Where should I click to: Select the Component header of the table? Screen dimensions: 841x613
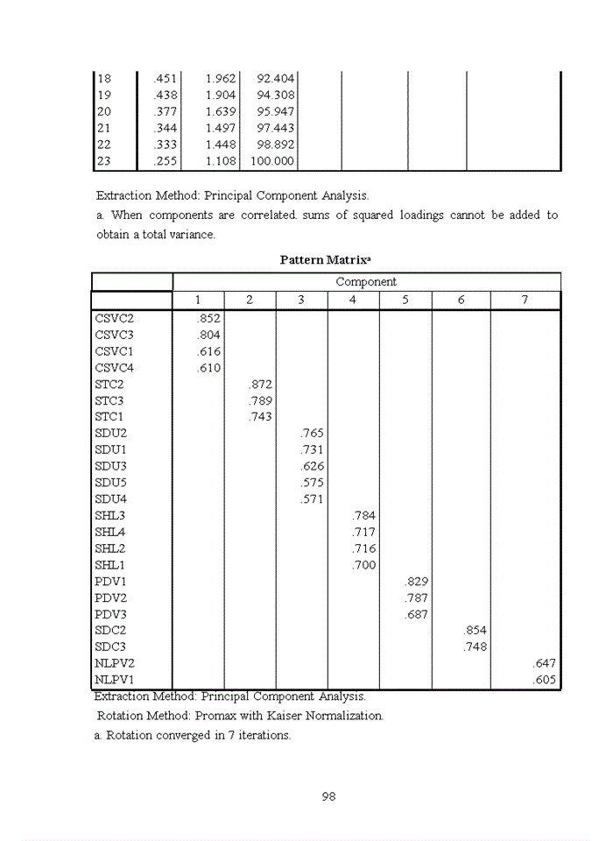(366, 282)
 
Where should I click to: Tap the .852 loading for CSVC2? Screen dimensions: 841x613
(209, 318)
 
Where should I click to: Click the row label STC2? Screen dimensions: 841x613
(109, 384)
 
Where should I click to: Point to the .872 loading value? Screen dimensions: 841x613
(260, 384)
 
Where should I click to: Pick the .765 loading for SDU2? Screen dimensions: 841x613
(312, 434)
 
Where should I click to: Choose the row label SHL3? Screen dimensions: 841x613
(109, 516)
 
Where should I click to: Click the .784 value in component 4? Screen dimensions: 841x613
(363, 516)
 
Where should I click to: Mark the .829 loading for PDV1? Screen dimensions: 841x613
(416, 582)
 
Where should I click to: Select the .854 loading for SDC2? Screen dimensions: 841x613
(475, 631)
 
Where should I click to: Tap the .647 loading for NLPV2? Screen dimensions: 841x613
(544, 664)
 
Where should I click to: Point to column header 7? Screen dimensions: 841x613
(525, 300)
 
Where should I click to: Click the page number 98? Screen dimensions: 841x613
(329, 796)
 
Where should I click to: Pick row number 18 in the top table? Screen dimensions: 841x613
(104, 79)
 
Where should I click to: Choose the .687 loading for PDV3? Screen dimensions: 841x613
(416, 614)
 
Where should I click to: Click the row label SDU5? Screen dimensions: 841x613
(110, 483)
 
